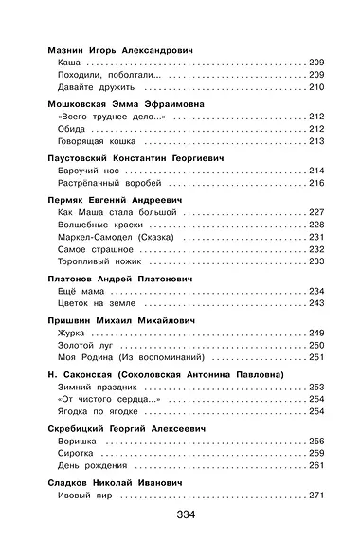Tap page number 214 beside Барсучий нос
tap(315, 171)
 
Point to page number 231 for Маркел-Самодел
tap(315, 238)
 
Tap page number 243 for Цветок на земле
tap(315, 304)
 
